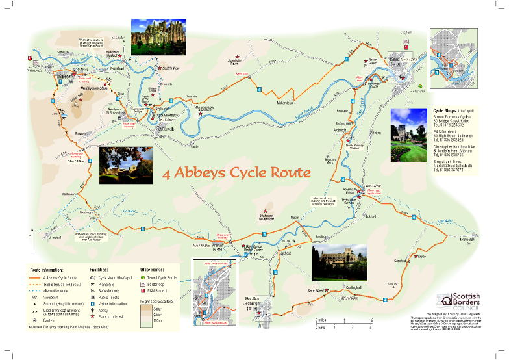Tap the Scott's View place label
173,68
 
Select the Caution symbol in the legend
34,321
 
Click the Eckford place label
371,216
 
